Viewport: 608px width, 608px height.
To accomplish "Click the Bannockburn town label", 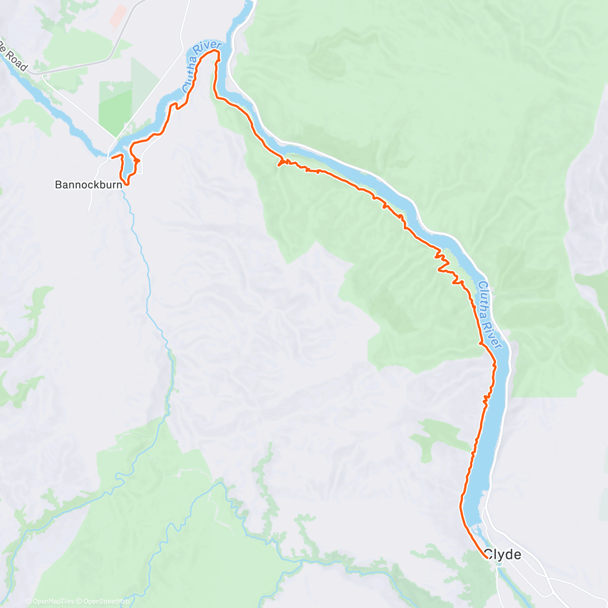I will pos(88,185).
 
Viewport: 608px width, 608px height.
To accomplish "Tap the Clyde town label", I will pos(502,555).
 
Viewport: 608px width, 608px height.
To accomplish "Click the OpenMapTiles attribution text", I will pos(52,601).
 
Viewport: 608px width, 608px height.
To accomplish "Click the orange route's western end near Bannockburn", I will pos(111,158).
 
